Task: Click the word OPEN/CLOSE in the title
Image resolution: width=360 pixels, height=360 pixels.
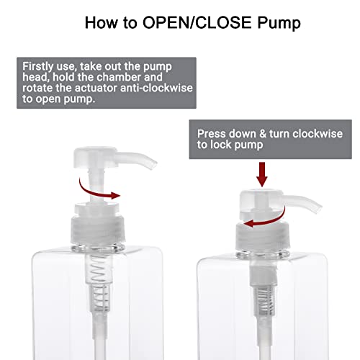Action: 197,22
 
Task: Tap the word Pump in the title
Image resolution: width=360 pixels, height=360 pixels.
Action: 279,23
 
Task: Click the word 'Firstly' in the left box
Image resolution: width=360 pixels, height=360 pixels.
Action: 37,67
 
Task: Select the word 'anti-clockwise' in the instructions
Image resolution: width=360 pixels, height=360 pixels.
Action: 157,88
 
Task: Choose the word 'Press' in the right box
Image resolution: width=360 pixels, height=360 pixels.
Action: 212,134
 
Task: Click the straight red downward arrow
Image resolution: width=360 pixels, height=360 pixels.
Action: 262,174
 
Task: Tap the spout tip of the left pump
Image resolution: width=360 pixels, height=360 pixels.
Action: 153,165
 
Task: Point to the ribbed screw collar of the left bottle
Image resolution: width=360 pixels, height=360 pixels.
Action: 98,229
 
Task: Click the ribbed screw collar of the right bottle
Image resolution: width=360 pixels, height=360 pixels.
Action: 263,235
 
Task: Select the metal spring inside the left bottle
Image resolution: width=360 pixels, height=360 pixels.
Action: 99,282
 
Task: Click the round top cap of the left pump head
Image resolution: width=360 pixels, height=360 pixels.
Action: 95,157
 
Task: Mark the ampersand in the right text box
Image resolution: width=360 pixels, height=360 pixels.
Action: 263,134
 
